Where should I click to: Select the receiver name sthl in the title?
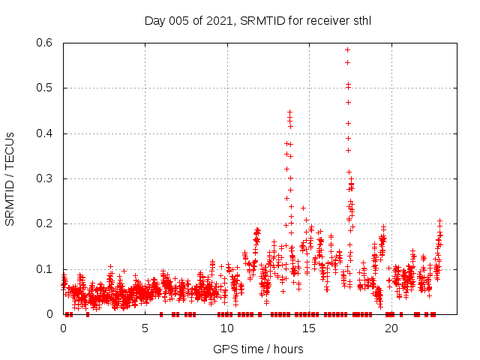click(359, 21)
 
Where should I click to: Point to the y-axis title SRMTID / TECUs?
click(10, 178)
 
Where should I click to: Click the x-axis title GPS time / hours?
click(258, 349)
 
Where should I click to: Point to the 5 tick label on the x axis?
click(145, 328)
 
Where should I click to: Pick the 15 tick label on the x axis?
click(309, 328)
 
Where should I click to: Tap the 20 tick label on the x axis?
click(391, 328)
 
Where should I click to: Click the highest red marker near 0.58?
click(347, 49)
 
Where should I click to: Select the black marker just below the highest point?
click(347, 62)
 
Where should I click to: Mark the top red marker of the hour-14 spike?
click(289, 112)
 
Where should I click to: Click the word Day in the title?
click(154, 21)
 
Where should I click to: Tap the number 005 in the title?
click(180, 21)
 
